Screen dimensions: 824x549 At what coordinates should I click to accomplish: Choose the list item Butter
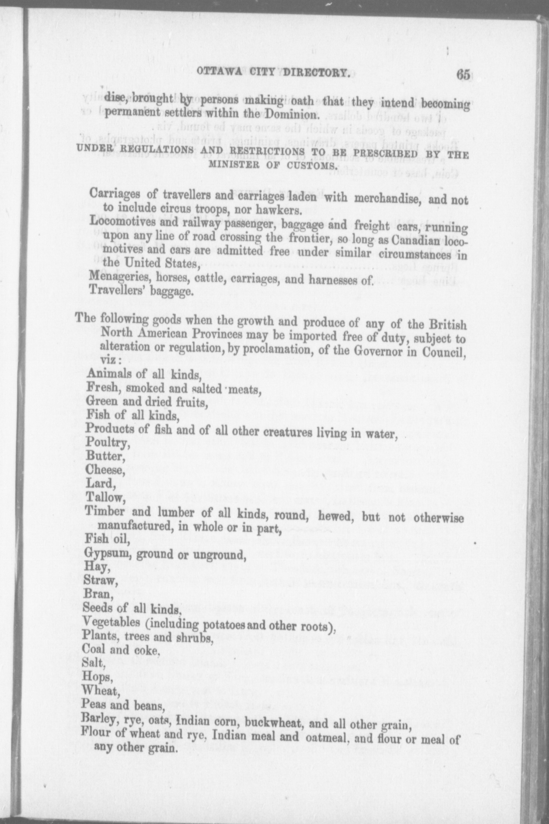click(104, 456)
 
